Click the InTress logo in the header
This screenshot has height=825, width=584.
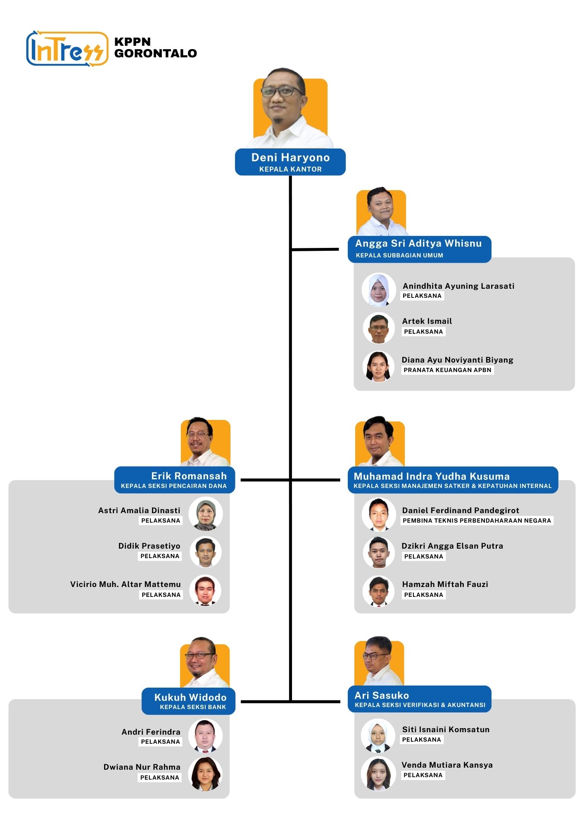(x=67, y=49)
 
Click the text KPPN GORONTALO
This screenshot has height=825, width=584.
(x=155, y=47)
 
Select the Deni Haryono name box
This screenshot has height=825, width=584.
(x=290, y=162)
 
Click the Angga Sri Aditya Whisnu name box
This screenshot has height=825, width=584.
(x=419, y=249)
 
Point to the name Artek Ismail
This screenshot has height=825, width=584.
(x=427, y=321)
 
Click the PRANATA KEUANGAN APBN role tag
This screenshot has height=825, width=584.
(x=447, y=370)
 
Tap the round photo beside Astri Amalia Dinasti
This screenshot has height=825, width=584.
(x=206, y=514)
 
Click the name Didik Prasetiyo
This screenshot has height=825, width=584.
(x=149, y=546)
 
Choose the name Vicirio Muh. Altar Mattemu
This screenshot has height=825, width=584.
(x=126, y=584)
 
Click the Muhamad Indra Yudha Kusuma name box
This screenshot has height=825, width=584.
(x=453, y=480)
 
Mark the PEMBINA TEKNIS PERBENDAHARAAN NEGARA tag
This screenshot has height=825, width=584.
(x=477, y=521)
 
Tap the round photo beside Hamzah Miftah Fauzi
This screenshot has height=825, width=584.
(x=379, y=591)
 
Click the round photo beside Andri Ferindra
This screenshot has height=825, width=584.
(x=205, y=736)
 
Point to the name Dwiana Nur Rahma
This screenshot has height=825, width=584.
(x=142, y=767)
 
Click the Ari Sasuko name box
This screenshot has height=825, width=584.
(x=420, y=699)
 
